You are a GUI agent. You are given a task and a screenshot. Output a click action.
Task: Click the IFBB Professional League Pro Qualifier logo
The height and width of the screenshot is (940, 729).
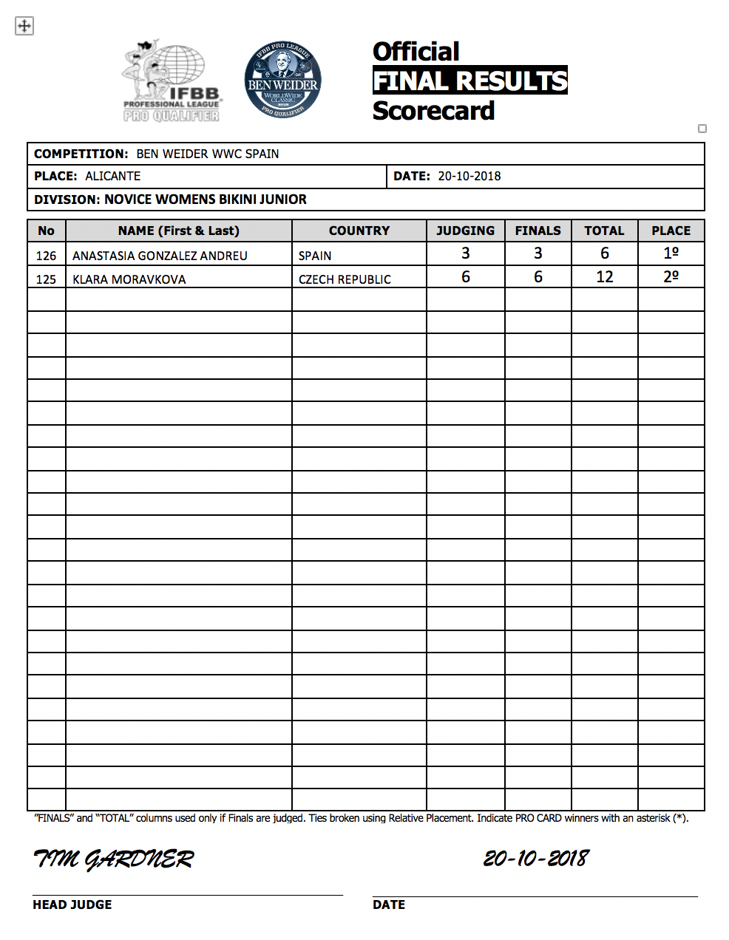pyautogui.click(x=172, y=82)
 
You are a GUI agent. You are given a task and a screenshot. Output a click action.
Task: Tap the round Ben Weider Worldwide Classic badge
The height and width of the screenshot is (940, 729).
pyautogui.click(x=282, y=80)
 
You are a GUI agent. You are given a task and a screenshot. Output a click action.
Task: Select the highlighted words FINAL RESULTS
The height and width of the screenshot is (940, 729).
pyautogui.click(x=470, y=81)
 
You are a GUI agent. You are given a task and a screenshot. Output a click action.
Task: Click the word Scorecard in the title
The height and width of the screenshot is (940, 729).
pyautogui.click(x=433, y=111)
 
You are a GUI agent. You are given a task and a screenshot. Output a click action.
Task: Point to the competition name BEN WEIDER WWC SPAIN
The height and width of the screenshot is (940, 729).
pyautogui.click(x=208, y=154)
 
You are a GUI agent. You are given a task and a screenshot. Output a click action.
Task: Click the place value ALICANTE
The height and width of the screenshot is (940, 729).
pyautogui.click(x=113, y=176)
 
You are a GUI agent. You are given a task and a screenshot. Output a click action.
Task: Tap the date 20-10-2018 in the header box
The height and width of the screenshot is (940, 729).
pyautogui.click(x=469, y=176)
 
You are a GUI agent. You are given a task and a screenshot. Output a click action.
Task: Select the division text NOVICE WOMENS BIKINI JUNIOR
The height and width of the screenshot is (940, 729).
pyautogui.click(x=206, y=200)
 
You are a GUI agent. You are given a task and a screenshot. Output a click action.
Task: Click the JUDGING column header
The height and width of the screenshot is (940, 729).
pyautogui.click(x=465, y=231)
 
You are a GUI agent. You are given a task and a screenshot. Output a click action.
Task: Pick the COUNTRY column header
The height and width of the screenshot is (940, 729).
pyautogui.click(x=359, y=231)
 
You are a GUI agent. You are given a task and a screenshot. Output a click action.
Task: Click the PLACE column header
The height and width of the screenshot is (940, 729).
pyautogui.click(x=671, y=231)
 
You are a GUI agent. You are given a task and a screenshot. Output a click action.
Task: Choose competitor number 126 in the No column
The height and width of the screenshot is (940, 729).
pyautogui.click(x=46, y=256)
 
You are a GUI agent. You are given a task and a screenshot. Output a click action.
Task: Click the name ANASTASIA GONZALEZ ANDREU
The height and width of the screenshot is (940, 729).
pyautogui.click(x=160, y=256)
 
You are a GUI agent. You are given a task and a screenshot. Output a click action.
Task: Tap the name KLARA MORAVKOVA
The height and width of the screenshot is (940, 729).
pyautogui.click(x=129, y=279)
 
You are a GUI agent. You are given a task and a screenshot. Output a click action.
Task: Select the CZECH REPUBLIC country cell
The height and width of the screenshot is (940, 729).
pyautogui.click(x=345, y=279)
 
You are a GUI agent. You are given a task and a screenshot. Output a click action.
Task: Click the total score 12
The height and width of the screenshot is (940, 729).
pyautogui.click(x=604, y=277)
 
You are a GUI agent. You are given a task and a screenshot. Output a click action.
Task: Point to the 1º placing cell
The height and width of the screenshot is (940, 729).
pyautogui.click(x=671, y=253)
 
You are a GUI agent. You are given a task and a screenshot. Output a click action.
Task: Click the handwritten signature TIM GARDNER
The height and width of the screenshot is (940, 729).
pyautogui.click(x=113, y=859)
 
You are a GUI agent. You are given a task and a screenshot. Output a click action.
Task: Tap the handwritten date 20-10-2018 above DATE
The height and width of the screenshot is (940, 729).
pyautogui.click(x=536, y=858)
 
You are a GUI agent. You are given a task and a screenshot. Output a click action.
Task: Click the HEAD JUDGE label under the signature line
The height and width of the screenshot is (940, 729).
pyautogui.click(x=72, y=905)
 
